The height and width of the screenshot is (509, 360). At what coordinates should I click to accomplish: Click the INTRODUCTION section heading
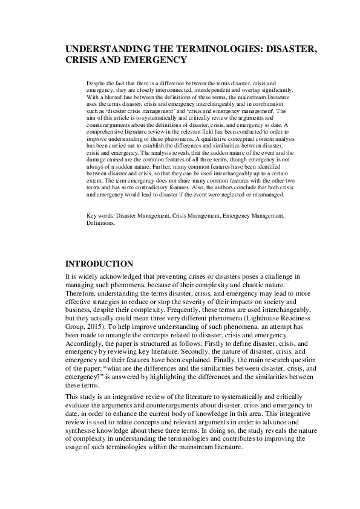(x=99, y=264)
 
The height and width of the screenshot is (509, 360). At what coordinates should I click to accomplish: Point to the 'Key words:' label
(x=100, y=215)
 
